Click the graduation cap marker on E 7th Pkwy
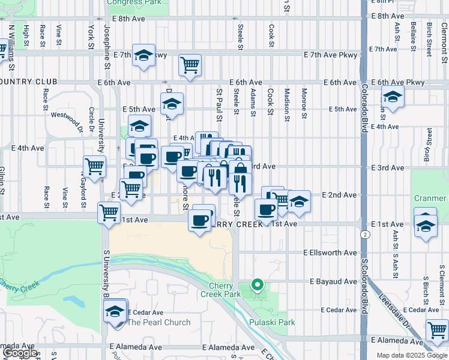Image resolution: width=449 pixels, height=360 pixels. pos(144,56)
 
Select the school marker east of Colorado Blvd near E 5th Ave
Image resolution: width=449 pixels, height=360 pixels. pos(393,97)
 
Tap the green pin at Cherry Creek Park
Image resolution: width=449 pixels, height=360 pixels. pos(258,285)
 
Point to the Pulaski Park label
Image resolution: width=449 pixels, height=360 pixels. pos(274,322)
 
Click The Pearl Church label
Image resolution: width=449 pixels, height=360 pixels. pos(159,322)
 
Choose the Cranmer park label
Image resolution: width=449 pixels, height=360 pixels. pos(430,198)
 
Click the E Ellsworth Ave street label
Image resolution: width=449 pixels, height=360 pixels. pos(330,253)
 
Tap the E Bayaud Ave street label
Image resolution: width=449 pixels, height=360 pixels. pos(334,281)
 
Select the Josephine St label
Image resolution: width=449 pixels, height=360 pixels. pos(107,35)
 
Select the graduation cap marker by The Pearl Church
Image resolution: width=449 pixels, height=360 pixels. pos(115,311)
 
